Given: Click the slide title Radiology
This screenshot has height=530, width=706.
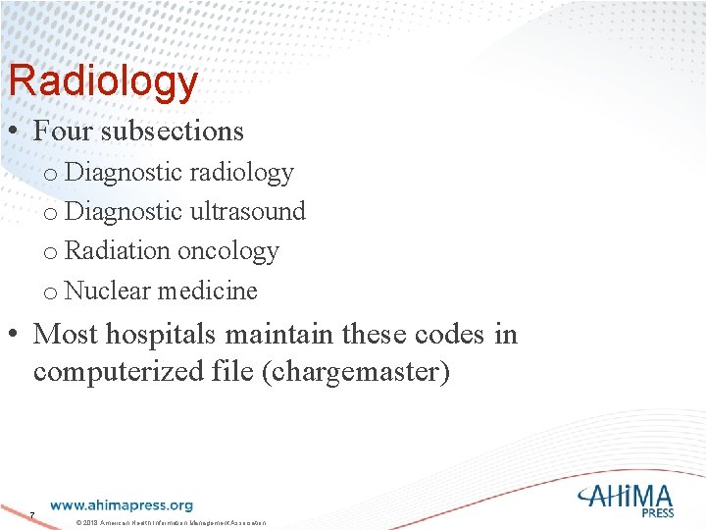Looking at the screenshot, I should point(102,82).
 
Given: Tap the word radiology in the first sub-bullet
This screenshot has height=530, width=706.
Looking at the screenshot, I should point(241,173).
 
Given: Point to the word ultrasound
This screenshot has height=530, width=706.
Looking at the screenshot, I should point(247,212).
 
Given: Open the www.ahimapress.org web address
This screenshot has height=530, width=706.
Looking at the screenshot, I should point(122,505).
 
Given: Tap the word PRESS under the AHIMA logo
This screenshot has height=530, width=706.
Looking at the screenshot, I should point(657,512).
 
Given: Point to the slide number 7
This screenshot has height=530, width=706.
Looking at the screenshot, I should point(32,516).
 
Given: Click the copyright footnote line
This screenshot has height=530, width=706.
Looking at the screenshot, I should point(171,521).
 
